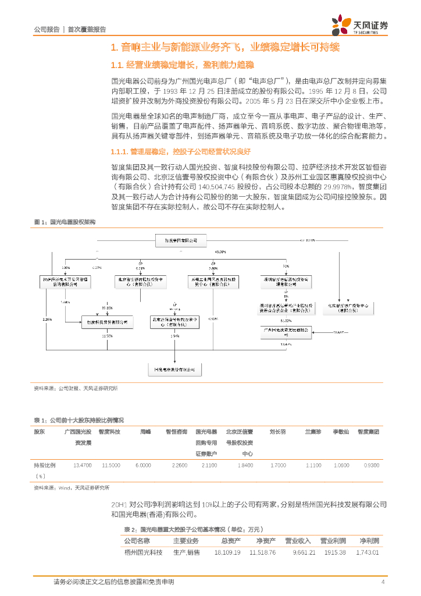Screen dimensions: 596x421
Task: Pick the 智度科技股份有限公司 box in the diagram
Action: (x=106, y=321)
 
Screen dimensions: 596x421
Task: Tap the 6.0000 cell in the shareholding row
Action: (x=143, y=466)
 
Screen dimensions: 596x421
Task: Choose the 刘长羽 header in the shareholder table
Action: (x=277, y=432)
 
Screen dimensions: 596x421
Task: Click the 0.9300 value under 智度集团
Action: (x=370, y=466)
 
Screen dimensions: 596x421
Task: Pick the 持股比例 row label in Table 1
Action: (x=45, y=466)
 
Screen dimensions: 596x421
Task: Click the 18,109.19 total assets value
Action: (x=227, y=552)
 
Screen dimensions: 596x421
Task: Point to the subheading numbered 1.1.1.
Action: (x=180, y=152)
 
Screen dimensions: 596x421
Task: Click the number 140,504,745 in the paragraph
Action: (x=217, y=187)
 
